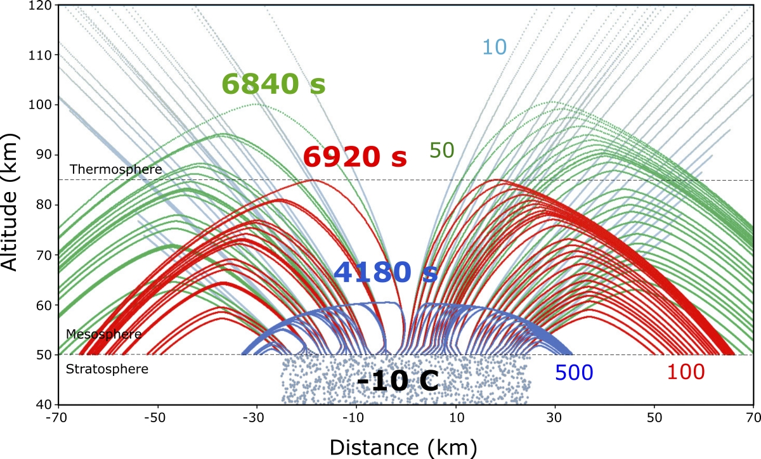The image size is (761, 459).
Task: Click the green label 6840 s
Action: pyautogui.click(x=273, y=84)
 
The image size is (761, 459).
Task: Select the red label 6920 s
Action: pyautogui.click(x=354, y=157)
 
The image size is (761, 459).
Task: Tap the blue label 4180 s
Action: pyautogui.click(x=386, y=272)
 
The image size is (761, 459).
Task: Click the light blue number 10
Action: pyautogui.click(x=495, y=47)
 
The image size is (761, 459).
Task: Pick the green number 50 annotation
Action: pyautogui.click(x=441, y=150)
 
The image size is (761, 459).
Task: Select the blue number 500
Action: pyautogui.click(x=574, y=373)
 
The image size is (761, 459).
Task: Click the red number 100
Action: pyautogui.click(x=686, y=373)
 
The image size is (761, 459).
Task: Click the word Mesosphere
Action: pyautogui.click(x=94, y=334)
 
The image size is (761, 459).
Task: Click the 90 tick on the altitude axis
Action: pyautogui.click(x=44, y=155)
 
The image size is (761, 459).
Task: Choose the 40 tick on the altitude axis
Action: pyautogui.click(x=44, y=404)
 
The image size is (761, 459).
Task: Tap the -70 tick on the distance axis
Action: pyautogui.click(x=58, y=419)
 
